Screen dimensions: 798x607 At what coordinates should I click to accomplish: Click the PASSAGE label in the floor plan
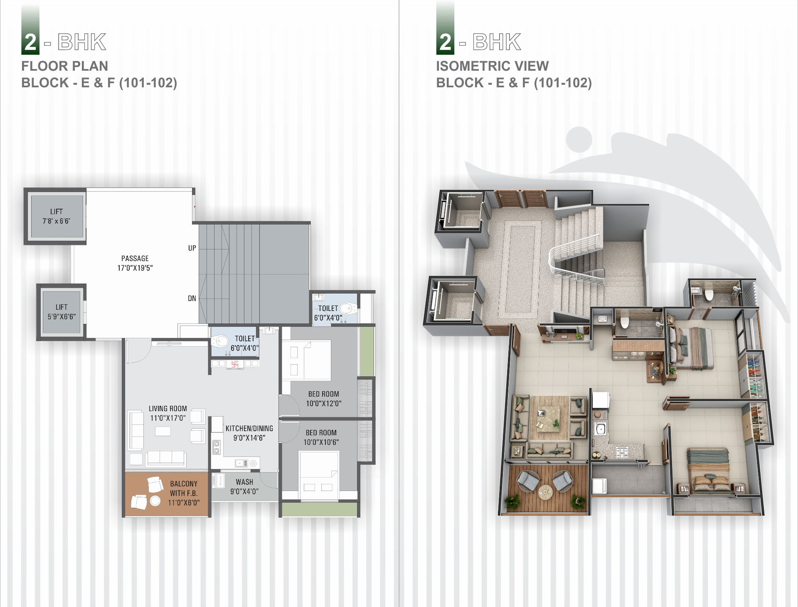(x=135, y=259)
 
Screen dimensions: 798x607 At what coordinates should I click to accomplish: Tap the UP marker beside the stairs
(x=192, y=248)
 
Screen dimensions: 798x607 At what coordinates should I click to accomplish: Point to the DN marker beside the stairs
(x=192, y=298)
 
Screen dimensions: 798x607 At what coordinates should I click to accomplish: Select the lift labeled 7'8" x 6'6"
(x=57, y=216)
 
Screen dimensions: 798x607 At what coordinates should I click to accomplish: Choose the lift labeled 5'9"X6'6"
(x=62, y=312)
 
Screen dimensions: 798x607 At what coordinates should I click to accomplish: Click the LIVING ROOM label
(x=168, y=409)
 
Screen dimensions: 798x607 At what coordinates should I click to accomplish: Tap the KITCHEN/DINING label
(x=249, y=428)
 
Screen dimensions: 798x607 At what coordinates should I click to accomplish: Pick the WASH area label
(x=244, y=482)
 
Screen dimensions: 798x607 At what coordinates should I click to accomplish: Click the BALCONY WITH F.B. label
(x=184, y=489)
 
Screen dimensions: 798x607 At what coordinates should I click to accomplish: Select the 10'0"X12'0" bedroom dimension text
(x=324, y=403)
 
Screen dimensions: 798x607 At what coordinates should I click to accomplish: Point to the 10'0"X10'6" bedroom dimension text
(x=321, y=442)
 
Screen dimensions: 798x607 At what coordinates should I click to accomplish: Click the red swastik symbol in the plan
(x=235, y=364)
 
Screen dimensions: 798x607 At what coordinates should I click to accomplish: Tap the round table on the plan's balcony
(x=155, y=501)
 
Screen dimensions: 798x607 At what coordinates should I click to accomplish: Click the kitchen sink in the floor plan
(x=240, y=463)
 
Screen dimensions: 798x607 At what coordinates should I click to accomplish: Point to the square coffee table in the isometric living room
(x=548, y=417)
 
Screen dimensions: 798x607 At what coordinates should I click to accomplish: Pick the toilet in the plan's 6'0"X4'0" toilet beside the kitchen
(x=220, y=342)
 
